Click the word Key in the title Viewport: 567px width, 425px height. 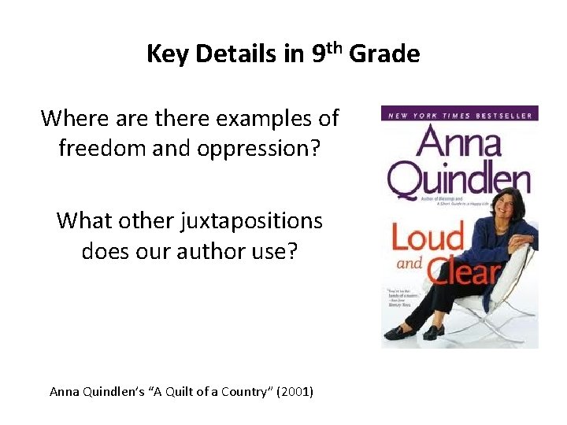(x=165, y=54)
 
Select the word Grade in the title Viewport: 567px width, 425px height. (x=384, y=54)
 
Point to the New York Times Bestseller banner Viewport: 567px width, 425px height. (x=458, y=116)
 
